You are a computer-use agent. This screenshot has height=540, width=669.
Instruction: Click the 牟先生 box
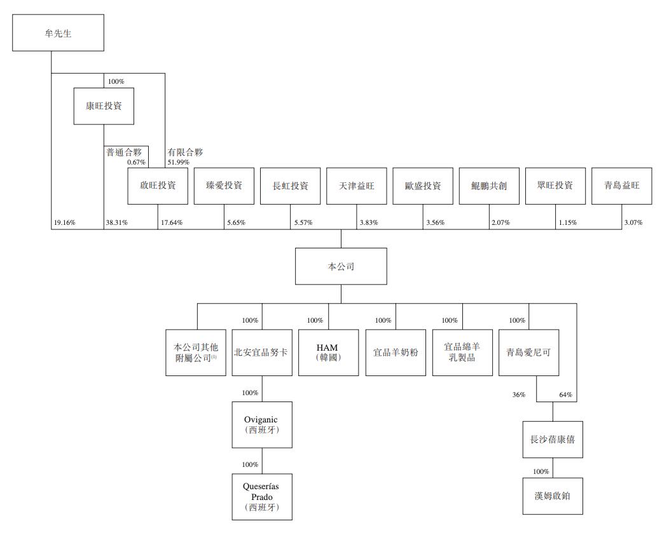58,33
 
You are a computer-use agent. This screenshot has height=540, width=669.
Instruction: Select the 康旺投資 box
103,106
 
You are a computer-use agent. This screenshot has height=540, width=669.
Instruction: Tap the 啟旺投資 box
157,186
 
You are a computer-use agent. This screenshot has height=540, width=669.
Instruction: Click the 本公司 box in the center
340,266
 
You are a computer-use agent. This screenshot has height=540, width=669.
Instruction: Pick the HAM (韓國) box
328,352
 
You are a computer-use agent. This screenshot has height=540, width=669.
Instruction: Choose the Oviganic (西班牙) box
262,424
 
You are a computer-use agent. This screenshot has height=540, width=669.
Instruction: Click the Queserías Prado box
262,497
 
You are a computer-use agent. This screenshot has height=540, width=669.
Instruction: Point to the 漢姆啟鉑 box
552,495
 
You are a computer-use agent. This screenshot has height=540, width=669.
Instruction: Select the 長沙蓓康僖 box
552,438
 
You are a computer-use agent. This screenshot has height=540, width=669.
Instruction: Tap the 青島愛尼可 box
529,352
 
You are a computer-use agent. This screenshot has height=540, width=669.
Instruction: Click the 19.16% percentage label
66,223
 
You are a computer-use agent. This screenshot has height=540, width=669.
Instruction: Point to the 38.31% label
117,223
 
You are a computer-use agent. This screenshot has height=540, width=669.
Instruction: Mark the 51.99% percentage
179,162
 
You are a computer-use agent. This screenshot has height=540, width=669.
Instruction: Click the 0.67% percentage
136,162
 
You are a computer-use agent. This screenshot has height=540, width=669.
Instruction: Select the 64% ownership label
566,395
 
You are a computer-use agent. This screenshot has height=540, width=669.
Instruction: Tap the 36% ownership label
519,395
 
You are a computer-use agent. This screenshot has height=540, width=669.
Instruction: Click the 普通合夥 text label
123,152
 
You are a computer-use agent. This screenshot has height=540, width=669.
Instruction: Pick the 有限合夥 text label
185,152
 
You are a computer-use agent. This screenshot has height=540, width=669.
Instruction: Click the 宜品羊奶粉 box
396,352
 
